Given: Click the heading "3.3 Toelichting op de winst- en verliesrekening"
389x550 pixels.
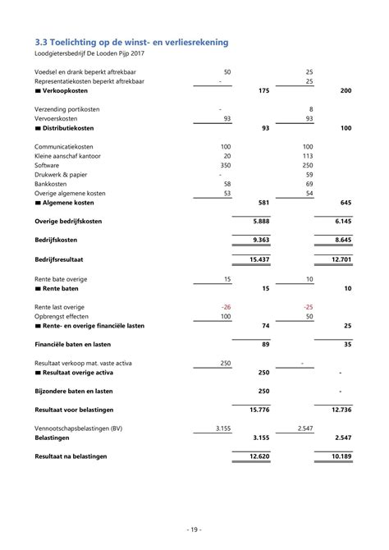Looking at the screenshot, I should [x=131, y=42].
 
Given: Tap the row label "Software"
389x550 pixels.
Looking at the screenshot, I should [x=48, y=165].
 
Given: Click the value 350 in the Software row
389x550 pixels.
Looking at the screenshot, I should [x=225, y=165].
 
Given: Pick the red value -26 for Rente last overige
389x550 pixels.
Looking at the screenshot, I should [x=226, y=306].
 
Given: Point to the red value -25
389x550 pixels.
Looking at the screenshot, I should [x=308, y=306].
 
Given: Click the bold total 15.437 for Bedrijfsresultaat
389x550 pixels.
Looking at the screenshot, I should [x=259, y=259].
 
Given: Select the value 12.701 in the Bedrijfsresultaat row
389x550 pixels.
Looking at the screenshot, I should [x=341, y=259].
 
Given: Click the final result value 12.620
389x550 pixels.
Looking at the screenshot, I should [x=259, y=456].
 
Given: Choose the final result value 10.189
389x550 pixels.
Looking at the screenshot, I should [x=341, y=456].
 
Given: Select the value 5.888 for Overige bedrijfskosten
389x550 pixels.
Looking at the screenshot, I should [x=261, y=222].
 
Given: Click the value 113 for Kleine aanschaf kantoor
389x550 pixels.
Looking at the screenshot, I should [x=308, y=155].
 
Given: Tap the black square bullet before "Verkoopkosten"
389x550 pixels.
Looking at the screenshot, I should [x=38, y=90].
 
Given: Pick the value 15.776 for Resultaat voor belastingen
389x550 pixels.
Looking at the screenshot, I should [x=259, y=409].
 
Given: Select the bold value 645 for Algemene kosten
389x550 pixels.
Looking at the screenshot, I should [x=345, y=203].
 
